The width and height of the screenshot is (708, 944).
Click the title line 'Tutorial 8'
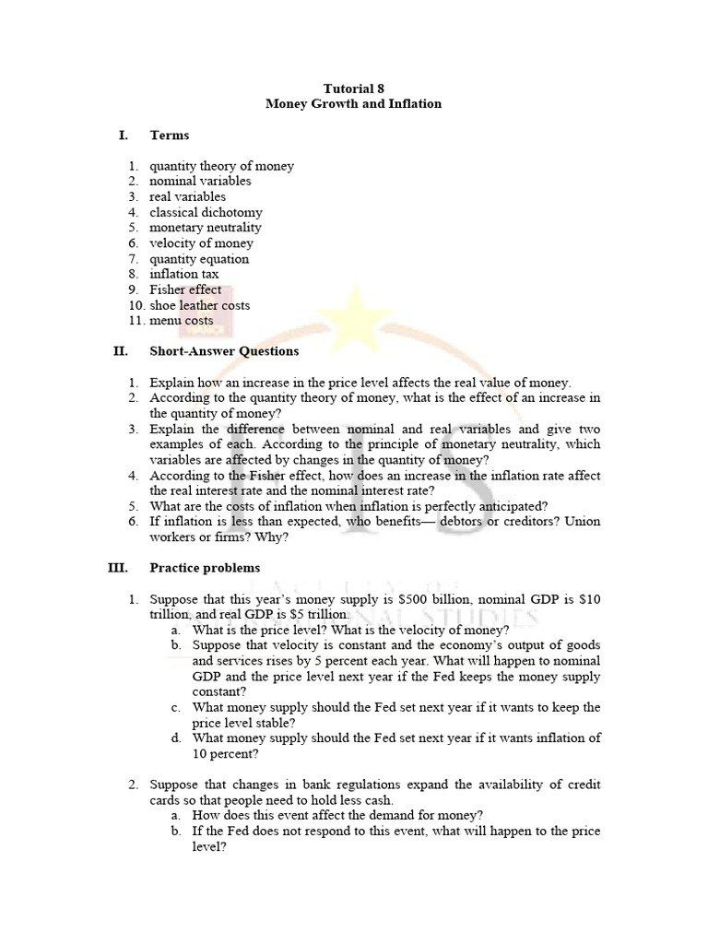pyautogui.click(x=354, y=88)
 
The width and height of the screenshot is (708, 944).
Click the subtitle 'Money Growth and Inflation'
pyautogui.click(x=354, y=104)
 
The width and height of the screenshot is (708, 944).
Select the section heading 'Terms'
pyautogui.click(x=170, y=136)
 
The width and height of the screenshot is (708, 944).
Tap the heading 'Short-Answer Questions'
pyautogui.click(x=224, y=351)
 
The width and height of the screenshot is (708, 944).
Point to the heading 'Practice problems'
pyautogui.click(x=205, y=568)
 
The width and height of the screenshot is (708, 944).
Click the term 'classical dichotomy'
pyautogui.click(x=206, y=212)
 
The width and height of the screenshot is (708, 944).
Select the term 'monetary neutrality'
pyautogui.click(x=206, y=228)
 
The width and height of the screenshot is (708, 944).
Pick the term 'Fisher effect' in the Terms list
pyautogui.click(x=185, y=289)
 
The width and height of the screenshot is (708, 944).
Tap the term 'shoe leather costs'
pyautogui.click(x=199, y=305)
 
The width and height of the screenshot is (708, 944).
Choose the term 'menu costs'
pyautogui.click(x=182, y=321)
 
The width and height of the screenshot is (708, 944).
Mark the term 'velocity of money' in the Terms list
pyautogui.click(x=201, y=243)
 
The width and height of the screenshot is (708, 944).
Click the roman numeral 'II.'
pyautogui.click(x=120, y=351)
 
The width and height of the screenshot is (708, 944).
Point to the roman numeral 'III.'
pyautogui.click(x=117, y=568)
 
